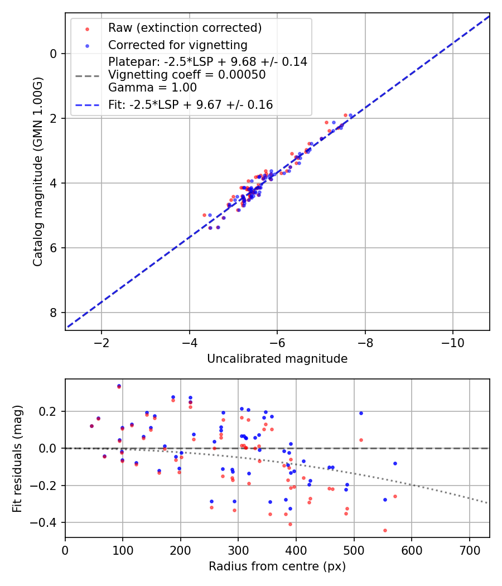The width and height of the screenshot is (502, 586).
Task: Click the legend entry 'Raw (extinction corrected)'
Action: click(185, 27)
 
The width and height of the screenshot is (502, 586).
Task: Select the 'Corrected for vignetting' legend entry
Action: click(177, 45)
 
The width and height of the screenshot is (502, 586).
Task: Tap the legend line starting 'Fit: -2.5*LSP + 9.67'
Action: click(190, 104)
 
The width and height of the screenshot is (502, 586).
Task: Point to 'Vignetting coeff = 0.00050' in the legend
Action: click(187, 74)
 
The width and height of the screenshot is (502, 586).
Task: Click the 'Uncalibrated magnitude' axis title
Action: click(277, 359)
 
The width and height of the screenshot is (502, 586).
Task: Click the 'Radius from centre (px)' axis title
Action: click(277, 566)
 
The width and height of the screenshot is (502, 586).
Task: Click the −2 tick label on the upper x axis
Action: click(101, 342)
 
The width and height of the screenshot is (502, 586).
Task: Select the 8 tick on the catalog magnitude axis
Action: click(54, 313)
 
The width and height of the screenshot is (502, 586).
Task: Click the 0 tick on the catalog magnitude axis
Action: click(54, 54)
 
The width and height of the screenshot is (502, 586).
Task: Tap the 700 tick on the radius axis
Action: click(469, 550)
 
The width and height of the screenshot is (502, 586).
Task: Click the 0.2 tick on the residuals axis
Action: click(51, 411)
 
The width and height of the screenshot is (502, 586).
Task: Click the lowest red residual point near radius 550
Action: click(385, 530)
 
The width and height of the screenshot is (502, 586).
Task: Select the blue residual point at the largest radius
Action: click(395, 463)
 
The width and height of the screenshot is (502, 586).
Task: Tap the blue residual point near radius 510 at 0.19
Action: click(361, 413)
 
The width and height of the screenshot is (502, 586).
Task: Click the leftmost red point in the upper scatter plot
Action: click(204, 215)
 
